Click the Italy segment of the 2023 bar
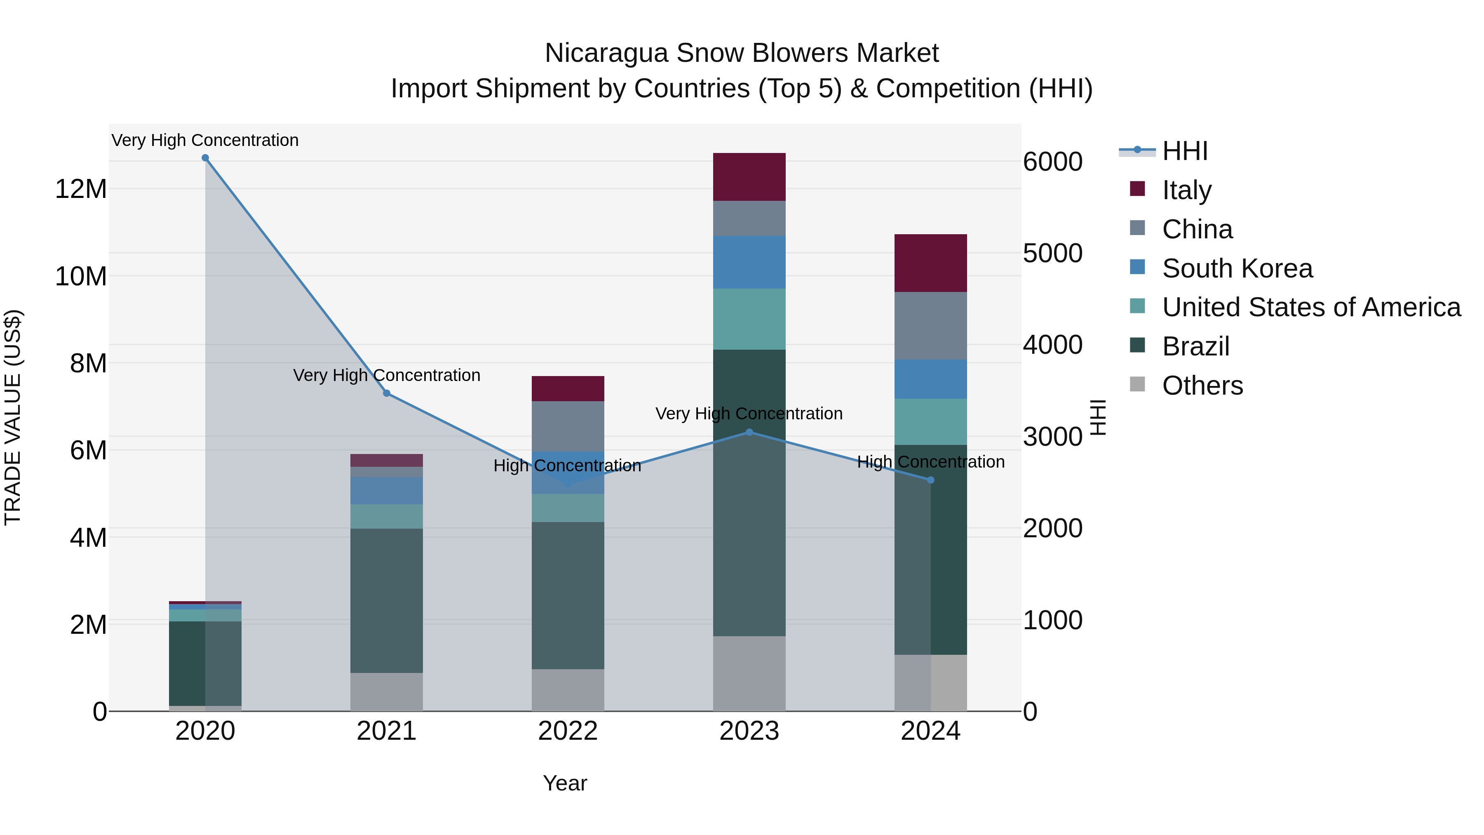click(749, 177)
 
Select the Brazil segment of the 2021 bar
click(387, 600)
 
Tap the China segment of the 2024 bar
click(930, 326)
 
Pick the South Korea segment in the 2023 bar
click(749, 262)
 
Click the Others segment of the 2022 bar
click(568, 690)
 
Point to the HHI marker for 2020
click(205, 158)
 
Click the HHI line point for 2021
click(387, 393)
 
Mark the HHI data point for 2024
click(930, 480)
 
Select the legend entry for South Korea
click(1237, 268)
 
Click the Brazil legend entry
click(1195, 347)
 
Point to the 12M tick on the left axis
click(81, 189)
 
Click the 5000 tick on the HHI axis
click(1052, 254)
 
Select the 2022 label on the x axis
click(568, 731)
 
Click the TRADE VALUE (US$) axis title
click(13, 417)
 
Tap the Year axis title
click(565, 783)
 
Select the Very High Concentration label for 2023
click(749, 414)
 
